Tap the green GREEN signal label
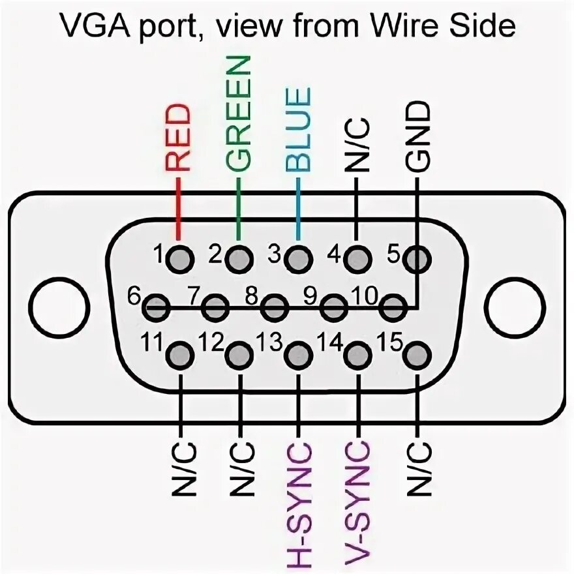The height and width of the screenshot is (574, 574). [239, 113]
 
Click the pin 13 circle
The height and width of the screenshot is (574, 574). [297, 355]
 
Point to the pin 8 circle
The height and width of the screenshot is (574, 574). [275, 307]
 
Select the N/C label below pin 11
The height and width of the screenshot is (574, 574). [179, 469]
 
